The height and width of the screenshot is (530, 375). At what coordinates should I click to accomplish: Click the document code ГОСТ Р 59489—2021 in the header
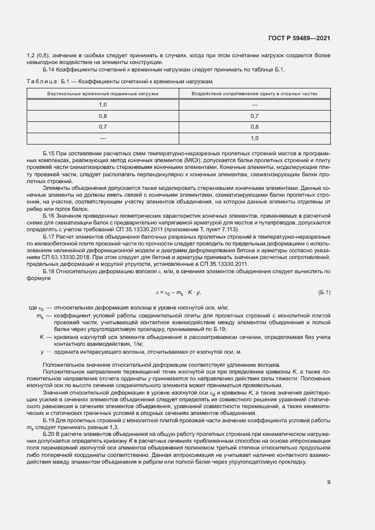[298, 38]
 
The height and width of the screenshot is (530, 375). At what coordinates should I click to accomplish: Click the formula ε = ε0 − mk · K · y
[179, 292]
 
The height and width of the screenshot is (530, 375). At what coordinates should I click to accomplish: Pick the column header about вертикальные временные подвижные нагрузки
[103, 92]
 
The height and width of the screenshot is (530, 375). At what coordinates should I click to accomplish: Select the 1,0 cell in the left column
[103, 104]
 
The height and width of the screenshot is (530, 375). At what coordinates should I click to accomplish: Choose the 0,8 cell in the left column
[103, 116]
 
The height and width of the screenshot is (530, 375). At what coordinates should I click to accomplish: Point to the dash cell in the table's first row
[254, 104]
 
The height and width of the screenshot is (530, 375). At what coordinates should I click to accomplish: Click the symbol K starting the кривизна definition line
[42, 337]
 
